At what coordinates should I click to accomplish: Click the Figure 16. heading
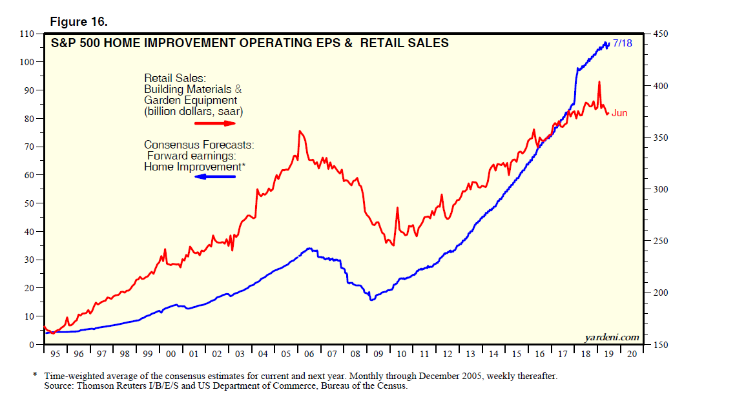[x=79, y=22]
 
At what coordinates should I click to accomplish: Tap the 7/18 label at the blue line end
[x=622, y=43]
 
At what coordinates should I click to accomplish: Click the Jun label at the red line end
[x=619, y=113]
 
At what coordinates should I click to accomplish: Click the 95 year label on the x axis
[x=55, y=355]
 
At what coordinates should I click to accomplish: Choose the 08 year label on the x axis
[x=355, y=355]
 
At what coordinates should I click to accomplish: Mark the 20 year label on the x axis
[x=632, y=355]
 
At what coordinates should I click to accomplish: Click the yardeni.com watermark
[x=612, y=337]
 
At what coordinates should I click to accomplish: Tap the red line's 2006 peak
[x=299, y=131]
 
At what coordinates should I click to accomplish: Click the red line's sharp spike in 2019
[x=599, y=81]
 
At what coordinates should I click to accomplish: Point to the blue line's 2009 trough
[x=371, y=300]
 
